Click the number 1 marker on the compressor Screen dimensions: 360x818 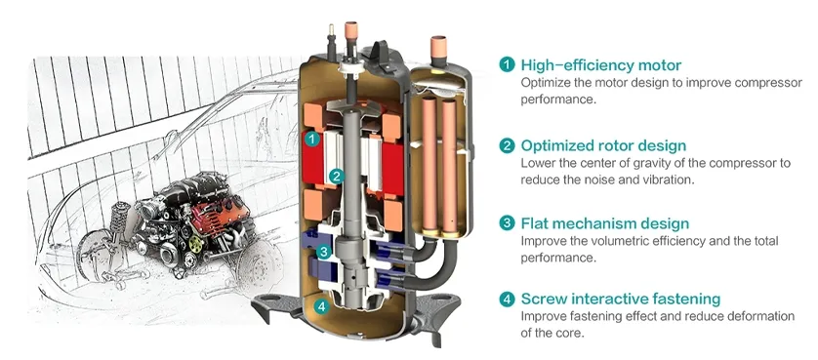pyautogui.click(x=310, y=140)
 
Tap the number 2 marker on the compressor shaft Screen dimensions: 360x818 pyautogui.click(x=336, y=177)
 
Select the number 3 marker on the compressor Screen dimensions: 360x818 pyautogui.click(x=324, y=252)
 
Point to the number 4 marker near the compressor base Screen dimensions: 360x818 pyautogui.click(x=322, y=306)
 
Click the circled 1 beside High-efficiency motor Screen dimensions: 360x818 pyautogui.click(x=507, y=64)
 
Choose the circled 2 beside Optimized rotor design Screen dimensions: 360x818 pyautogui.click(x=507, y=145)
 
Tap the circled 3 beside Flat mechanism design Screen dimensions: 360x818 pyautogui.click(x=507, y=223)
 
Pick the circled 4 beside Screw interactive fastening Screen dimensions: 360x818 pyautogui.click(x=507, y=299)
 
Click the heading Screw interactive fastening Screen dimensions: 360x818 pyautogui.click(x=606, y=299)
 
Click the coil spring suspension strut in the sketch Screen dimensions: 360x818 pyautogui.click(x=108, y=228)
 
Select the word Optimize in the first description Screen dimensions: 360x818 pyautogui.click(x=548, y=82)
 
